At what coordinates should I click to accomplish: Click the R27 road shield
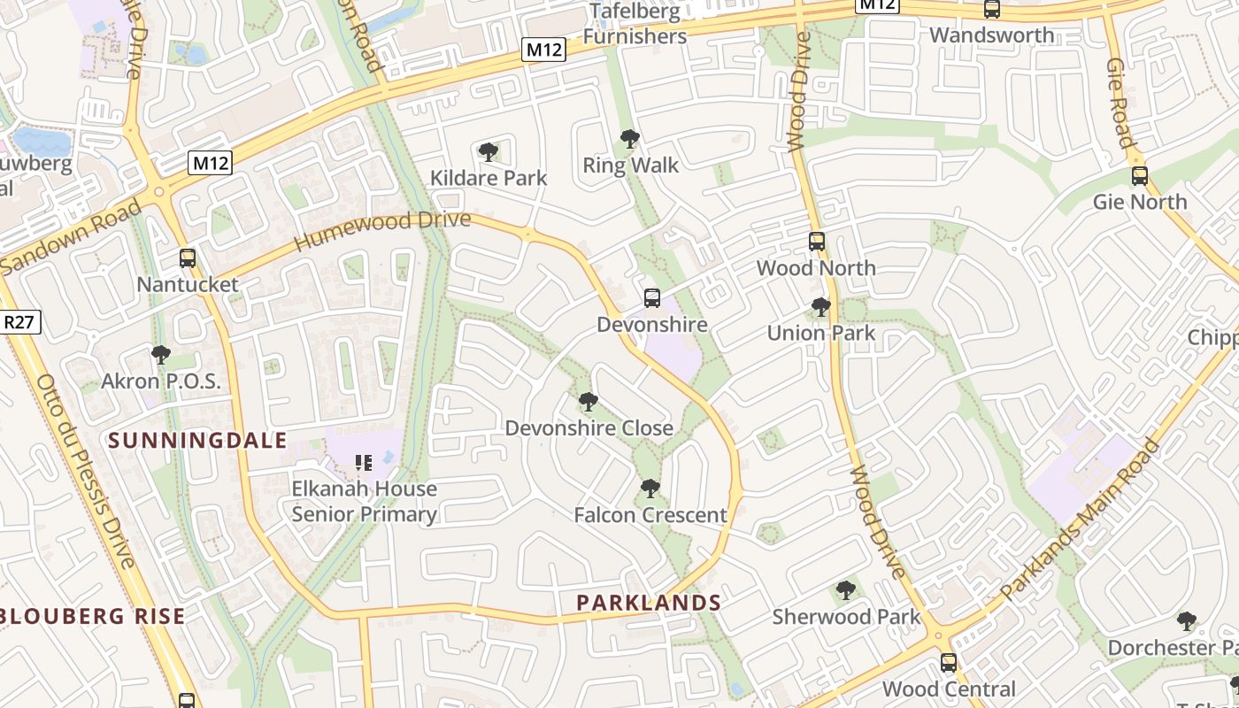(x=19, y=322)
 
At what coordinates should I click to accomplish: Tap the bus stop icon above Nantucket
(x=188, y=258)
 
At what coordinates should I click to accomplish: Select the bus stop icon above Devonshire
(x=652, y=298)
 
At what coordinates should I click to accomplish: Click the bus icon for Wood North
(x=816, y=242)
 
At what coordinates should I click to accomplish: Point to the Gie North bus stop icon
(x=1140, y=176)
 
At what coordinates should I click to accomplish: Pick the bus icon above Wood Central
(x=949, y=663)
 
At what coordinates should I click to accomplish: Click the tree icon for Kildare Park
(x=488, y=152)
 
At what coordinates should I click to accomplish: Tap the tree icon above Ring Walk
(x=630, y=139)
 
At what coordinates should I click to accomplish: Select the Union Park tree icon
(x=821, y=307)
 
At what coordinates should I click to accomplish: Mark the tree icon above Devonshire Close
(x=588, y=403)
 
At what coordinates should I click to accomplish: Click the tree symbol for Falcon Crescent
(x=650, y=489)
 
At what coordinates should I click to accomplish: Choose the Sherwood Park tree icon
(x=846, y=590)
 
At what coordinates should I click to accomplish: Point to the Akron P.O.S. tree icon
(x=161, y=355)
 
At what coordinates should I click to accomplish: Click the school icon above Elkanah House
(x=363, y=462)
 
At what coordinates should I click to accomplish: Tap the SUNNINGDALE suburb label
(x=197, y=441)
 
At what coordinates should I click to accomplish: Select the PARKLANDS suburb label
(x=649, y=603)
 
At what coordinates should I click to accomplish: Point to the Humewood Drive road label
(x=382, y=230)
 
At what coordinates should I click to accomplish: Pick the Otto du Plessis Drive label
(x=86, y=471)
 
